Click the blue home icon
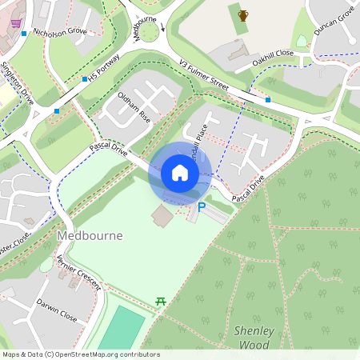click(180, 172)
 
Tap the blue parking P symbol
click(202, 207)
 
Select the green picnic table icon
click(160, 301)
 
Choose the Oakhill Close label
click(274, 57)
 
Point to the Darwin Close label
click(56, 310)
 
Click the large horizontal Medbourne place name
click(89, 237)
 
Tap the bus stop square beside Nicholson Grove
click(25, 34)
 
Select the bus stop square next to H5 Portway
click(85, 79)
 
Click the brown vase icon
click(243, 14)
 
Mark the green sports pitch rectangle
click(122, 328)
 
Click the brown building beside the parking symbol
click(162, 215)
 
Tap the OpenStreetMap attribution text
click(81, 354)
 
